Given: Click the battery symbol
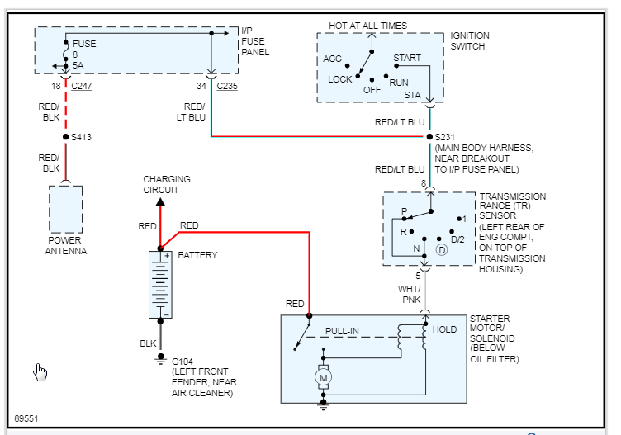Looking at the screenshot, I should (x=160, y=284).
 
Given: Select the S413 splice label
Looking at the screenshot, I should (x=82, y=137).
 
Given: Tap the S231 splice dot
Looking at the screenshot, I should (x=429, y=137).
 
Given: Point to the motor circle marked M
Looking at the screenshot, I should (x=324, y=377).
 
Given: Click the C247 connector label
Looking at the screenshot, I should (x=81, y=86).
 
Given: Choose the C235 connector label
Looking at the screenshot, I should (x=226, y=86).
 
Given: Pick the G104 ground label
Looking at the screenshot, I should (x=183, y=362).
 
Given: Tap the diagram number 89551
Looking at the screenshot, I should (x=26, y=418).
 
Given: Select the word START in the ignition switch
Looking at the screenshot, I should (x=407, y=59).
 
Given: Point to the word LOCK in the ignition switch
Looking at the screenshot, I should (x=340, y=80).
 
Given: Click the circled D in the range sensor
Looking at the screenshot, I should (x=442, y=249).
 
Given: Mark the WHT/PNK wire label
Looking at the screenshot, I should (x=410, y=294).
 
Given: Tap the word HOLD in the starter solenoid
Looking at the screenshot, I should (x=444, y=330).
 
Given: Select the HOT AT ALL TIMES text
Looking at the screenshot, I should (x=367, y=26).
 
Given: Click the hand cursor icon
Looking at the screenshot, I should (x=40, y=372).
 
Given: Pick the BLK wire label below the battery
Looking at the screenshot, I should (x=147, y=343).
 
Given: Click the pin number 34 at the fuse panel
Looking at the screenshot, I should (x=201, y=86).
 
